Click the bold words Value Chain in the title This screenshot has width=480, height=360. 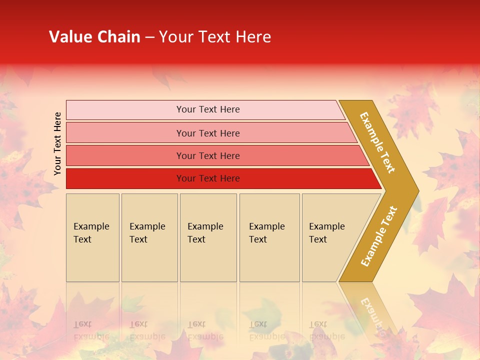pyautogui.click(x=94, y=37)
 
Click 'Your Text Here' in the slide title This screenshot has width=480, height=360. pyautogui.click(x=215, y=37)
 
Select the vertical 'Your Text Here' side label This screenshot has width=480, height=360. pyautogui.click(x=57, y=143)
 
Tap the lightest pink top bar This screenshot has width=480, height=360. pyautogui.click(x=125, y=110)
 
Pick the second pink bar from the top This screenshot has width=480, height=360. pyautogui.click(x=125, y=133)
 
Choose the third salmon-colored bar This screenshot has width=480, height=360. pyautogui.click(x=125, y=155)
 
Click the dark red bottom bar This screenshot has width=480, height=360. pyautogui.click(x=125, y=178)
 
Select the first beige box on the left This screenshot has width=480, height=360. pyautogui.click(x=92, y=260)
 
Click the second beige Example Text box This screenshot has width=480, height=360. pyautogui.click(x=149, y=260)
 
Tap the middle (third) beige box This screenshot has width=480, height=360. pyautogui.click(x=208, y=260)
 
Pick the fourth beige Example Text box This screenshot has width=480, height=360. pyautogui.click(x=269, y=260)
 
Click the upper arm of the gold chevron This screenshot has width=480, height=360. pyautogui.click(x=377, y=142)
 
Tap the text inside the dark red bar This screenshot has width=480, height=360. pyautogui.click(x=208, y=178)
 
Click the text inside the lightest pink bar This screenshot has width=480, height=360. pyautogui.click(x=208, y=109)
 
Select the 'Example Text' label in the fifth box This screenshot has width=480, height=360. pyautogui.click(x=326, y=233)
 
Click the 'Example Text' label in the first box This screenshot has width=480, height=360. pyautogui.click(x=91, y=233)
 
